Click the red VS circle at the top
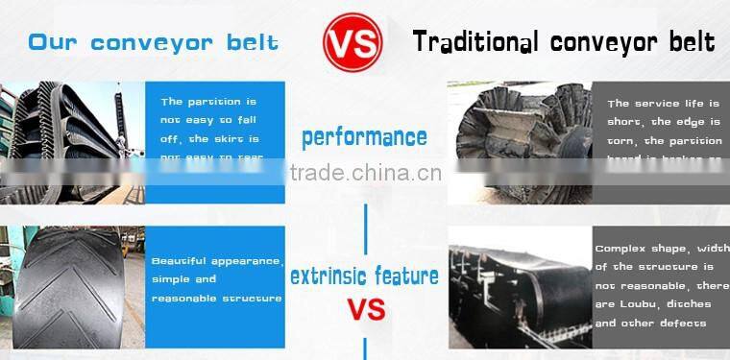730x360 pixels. coord(353,42)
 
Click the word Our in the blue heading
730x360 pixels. coord(52,42)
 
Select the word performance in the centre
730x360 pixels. coord(364,137)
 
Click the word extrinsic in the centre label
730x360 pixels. coord(328,276)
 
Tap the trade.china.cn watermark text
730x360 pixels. coord(365,174)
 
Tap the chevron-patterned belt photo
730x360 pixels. coord(72,287)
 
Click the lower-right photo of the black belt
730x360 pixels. coord(519,287)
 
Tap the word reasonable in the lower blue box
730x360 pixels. coord(183,298)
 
